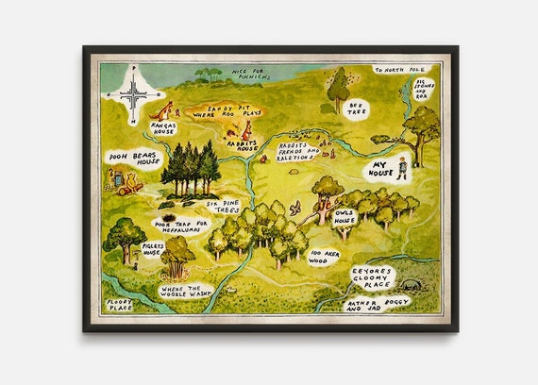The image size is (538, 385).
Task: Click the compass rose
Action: [x=134, y=94]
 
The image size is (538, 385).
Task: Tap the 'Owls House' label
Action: [x=345, y=217]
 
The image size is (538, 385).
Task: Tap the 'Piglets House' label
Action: [x=153, y=249]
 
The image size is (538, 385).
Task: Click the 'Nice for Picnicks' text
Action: [x=244, y=75]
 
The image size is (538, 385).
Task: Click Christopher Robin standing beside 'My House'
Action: [x=402, y=168]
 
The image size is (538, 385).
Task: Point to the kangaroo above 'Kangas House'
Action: [x=167, y=109]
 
